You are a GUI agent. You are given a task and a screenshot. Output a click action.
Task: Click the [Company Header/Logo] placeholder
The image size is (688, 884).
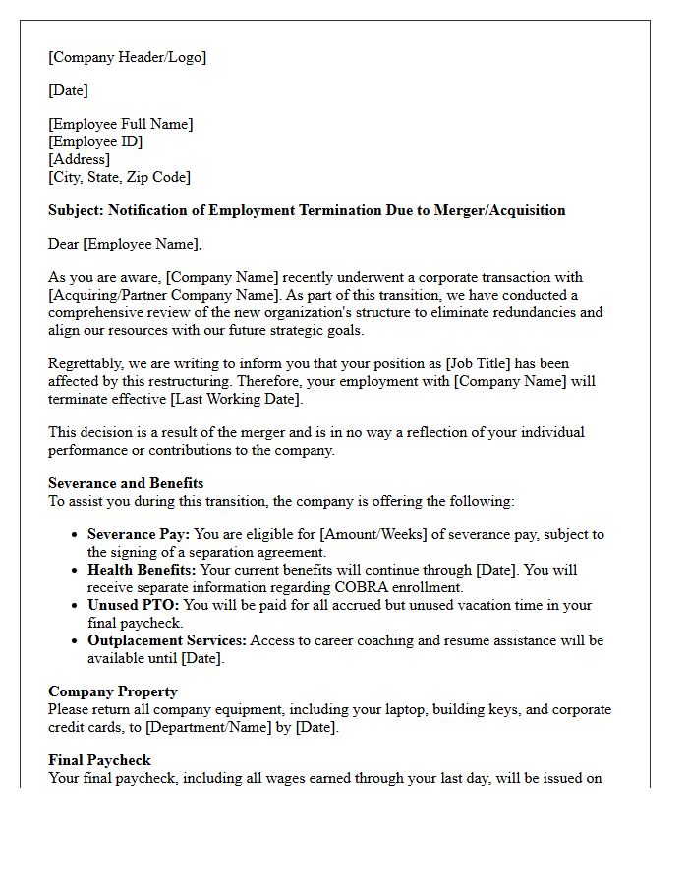tap(128, 57)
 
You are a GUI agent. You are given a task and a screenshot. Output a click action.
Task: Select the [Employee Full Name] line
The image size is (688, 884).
tap(121, 124)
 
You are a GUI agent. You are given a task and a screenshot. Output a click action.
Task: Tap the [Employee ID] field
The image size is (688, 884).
tap(95, 141)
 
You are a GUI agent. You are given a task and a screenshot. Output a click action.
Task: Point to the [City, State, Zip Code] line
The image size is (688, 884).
tap(119, 177)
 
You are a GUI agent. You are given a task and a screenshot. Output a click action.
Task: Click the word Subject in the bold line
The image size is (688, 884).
tap(76, 210)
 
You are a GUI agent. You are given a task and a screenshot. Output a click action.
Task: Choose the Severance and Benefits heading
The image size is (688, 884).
tap(126, 483)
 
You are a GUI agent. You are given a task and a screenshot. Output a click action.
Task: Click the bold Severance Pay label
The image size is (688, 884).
tap(139, 534)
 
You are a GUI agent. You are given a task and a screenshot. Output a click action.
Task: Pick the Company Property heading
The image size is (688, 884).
tap(113, 691)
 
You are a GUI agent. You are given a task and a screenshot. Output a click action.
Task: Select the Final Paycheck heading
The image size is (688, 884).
tap(99, 760)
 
